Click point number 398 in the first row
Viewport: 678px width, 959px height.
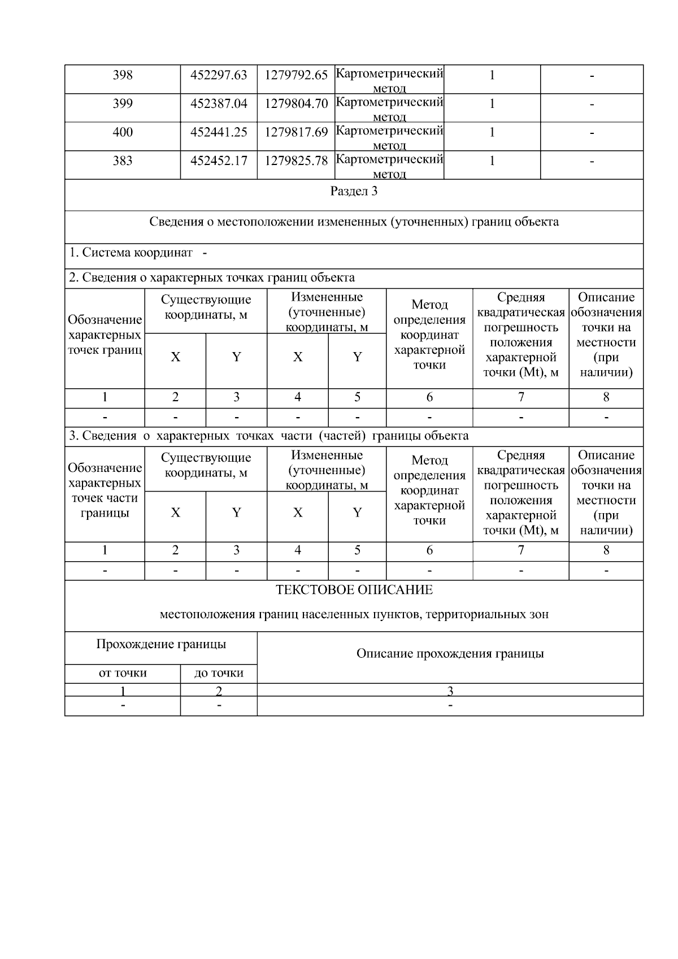(x=123, y=75)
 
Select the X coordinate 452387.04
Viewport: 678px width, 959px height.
(x=219, y=104)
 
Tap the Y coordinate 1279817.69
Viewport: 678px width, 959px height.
(x=296, y=133)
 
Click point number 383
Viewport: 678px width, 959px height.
(x=123, y=161)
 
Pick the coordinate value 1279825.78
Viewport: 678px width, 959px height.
(x=296, y=161)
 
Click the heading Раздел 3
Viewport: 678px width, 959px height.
(x=354, y=192)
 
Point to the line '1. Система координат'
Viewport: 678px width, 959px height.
(x=131, y=253)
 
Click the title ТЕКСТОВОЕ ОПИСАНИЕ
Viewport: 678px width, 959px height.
(x=354, y=590)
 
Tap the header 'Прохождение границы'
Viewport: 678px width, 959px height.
(x=161, y=644)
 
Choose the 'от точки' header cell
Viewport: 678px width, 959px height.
(x=123, y=673)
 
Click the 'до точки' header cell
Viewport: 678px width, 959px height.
(x=219, y=673)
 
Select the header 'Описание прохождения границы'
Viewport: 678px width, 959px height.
(x=450, y=654)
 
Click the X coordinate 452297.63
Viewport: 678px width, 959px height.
(x=219, y=75)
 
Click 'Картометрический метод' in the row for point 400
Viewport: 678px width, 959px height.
(x=389, y=136)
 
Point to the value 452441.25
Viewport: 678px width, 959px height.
(x=219, y=133)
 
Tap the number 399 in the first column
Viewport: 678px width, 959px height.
(x=123, y=104)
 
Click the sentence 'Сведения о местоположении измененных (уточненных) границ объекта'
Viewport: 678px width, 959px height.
(x=354, y=222)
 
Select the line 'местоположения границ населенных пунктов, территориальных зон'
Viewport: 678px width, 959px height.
(x=354, y=614)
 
